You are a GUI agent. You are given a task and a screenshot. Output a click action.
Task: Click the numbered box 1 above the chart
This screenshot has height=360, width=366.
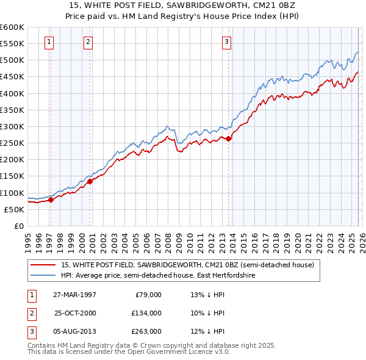[49, 42]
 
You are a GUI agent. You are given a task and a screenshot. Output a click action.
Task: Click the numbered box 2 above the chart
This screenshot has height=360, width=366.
[88, 42]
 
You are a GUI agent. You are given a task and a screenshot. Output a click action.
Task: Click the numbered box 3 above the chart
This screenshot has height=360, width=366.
[226, 42]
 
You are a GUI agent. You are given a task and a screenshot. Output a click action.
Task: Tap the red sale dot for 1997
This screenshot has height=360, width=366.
[51, 200]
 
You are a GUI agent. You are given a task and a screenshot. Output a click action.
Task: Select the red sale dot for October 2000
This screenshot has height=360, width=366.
[90, 181]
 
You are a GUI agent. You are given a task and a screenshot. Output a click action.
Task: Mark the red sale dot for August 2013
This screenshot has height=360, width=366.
[228, 139]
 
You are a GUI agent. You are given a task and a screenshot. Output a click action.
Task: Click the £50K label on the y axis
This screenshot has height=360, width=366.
[15, 209]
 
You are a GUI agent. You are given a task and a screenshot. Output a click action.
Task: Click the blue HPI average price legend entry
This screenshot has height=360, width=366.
[157, 276]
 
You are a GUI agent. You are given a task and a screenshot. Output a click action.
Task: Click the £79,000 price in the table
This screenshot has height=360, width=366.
[148, 295]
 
